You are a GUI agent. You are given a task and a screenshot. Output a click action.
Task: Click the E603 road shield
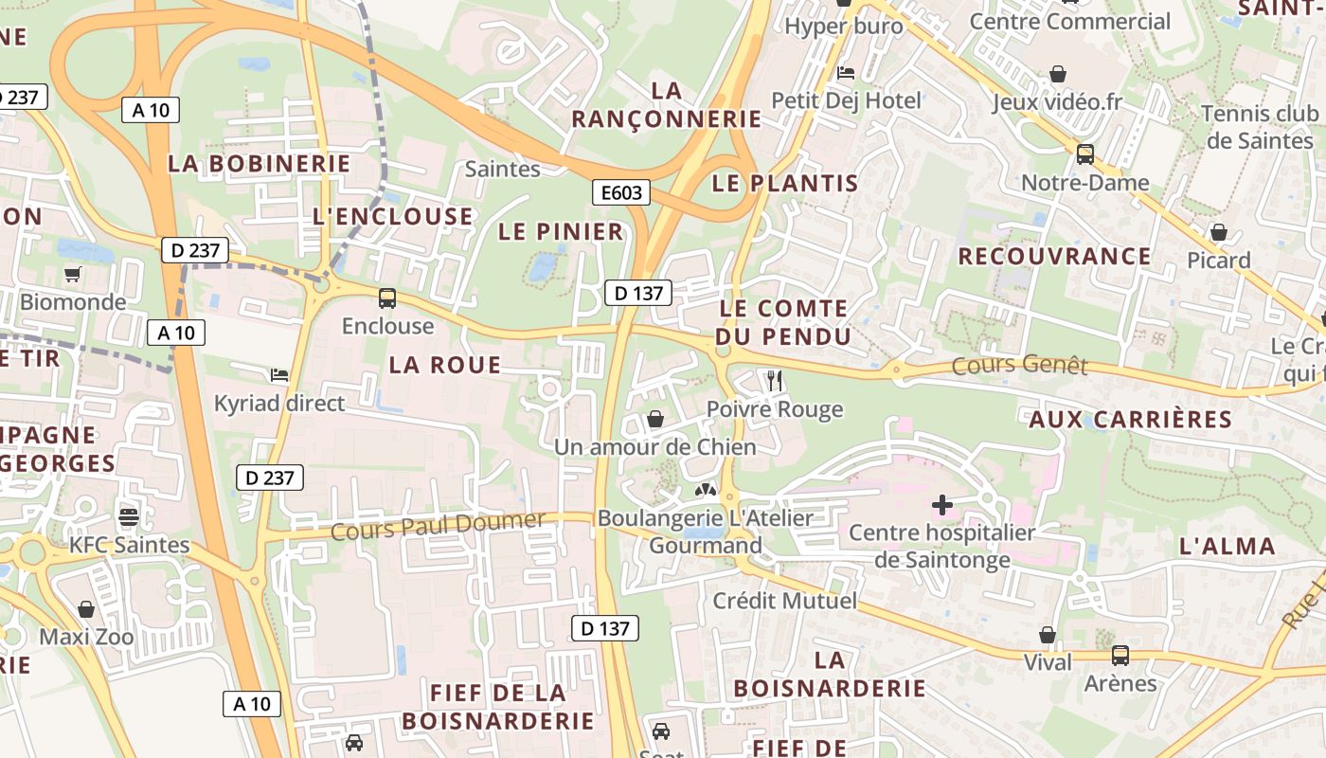point(621,193)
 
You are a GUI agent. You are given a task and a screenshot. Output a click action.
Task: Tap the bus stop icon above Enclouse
point(387,298)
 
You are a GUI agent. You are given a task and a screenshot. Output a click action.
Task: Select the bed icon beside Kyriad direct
point(278,375)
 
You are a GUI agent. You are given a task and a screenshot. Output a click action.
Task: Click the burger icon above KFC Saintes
point(129,517)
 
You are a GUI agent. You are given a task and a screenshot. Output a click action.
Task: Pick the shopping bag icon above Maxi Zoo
point(86,608)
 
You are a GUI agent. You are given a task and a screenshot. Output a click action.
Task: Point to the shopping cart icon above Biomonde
point(72,275)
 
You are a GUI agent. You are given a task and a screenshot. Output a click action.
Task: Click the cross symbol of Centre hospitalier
point(941,505)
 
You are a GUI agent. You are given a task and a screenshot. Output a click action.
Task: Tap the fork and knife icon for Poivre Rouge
point(775,381)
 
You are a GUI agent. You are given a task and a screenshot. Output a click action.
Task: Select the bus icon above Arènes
point(1120,655)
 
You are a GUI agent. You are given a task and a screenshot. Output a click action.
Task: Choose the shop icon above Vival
point(1048,634)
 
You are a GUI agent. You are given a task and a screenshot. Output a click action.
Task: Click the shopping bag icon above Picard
point(1219,232)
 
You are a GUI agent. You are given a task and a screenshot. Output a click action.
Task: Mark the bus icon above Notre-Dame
point(1085,153)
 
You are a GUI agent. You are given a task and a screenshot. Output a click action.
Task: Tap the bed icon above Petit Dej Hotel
point(846,72)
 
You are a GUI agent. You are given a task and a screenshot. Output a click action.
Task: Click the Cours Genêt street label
point(1019,365)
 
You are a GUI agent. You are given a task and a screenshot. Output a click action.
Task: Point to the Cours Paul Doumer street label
point(438,524)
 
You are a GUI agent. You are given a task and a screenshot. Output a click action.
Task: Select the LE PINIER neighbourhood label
point(561,231)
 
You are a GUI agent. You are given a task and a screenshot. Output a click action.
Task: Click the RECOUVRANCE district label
point(1054,256)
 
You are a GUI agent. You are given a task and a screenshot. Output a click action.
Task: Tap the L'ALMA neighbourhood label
point(1227,546)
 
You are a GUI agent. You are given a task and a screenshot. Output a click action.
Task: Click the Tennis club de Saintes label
point(1259,127)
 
